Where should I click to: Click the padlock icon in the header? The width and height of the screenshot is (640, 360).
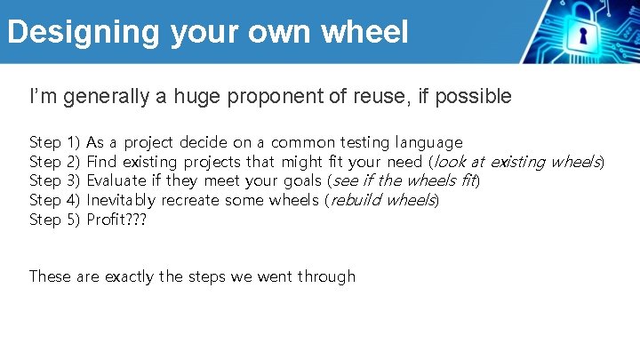(x=583, y=33)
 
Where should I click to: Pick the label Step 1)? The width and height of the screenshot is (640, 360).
(x=55, y=142)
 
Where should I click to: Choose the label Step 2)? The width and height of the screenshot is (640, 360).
(x=55, y=162)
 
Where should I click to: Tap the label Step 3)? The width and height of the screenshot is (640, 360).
(x=55, y=180)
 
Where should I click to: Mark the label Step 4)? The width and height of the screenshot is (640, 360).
(x=55, y=200)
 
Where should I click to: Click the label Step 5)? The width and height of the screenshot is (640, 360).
(x=55, y=219)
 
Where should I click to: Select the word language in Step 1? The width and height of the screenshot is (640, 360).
(x=429, y=142)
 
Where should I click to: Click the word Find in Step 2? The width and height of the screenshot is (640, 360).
(x=101, y=162)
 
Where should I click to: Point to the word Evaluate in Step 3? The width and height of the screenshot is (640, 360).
(x=116, y=180)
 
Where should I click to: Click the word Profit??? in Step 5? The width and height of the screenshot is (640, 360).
(x=116, y=219)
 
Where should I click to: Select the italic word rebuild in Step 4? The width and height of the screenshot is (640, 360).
(x=356, y=200)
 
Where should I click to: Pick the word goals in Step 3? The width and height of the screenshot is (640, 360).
(x=298, y=181)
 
